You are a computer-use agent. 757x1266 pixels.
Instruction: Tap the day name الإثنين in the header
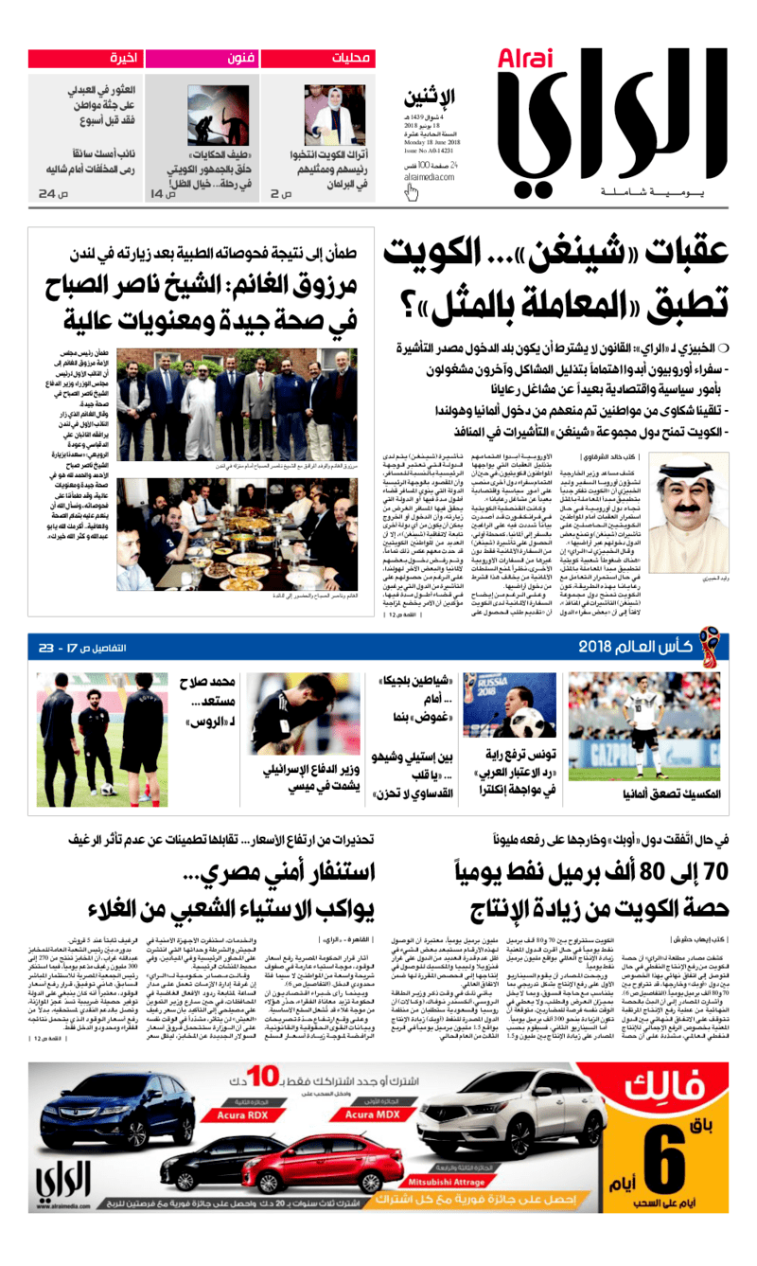(x=430, y=98)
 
